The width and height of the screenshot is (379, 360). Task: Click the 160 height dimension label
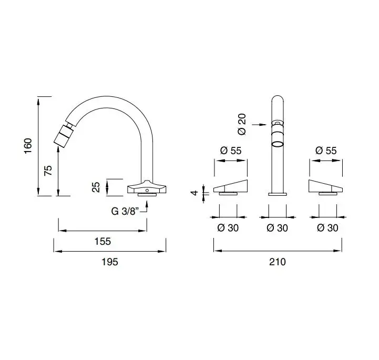pyautogui.click(x=28, y=146)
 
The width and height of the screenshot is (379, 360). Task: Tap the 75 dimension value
pyautogui.click(x=48, y=171)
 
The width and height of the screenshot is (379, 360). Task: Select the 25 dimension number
pyautogui.click(x=96, y=187)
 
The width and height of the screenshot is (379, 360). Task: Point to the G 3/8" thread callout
pyautogui.click(x=125, y=211)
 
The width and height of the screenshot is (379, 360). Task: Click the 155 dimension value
pyautogui.click(x=103, y=241)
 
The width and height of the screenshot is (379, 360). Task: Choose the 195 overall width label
pyautogui.click(x=110, y=262)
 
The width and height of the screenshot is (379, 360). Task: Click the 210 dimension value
pyautogui.click(x=278, y=262)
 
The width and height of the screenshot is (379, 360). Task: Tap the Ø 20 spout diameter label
pyautogui.click(x=242, y=124)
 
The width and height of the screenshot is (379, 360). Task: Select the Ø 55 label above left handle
pyautogui.click(x=231, y=151)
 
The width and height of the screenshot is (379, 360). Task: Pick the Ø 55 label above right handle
pyautogui.click(x=326, y=151)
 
